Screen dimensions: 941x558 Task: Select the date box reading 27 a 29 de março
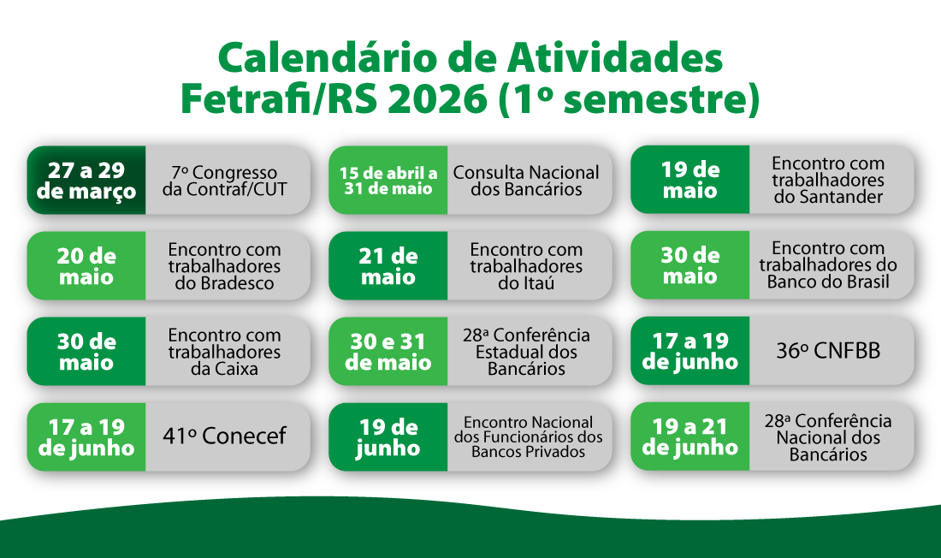(x=86, y=181)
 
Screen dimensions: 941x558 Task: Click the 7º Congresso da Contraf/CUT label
(x=224, y=181)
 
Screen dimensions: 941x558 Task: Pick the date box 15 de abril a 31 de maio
(x=388, y=181)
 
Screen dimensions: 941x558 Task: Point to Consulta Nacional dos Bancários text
(x=526, y=181)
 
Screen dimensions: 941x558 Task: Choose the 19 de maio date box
(x=690, y=180)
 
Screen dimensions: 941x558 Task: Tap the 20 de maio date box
(x=86, y=266)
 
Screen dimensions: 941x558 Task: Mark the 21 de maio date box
(x=388, y=266)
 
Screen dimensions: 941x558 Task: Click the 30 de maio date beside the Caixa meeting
(x=86, y=352)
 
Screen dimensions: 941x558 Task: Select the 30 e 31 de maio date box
(x=388, y=352)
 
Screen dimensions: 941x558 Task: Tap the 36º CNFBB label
(x=828, y=351)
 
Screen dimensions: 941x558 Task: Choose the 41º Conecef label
(x=224, y=436)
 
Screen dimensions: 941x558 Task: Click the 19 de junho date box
(x=388, y=437)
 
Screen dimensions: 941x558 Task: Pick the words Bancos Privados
(x=528, y=452)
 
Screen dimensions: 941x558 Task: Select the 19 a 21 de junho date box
(x=690, y=436)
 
